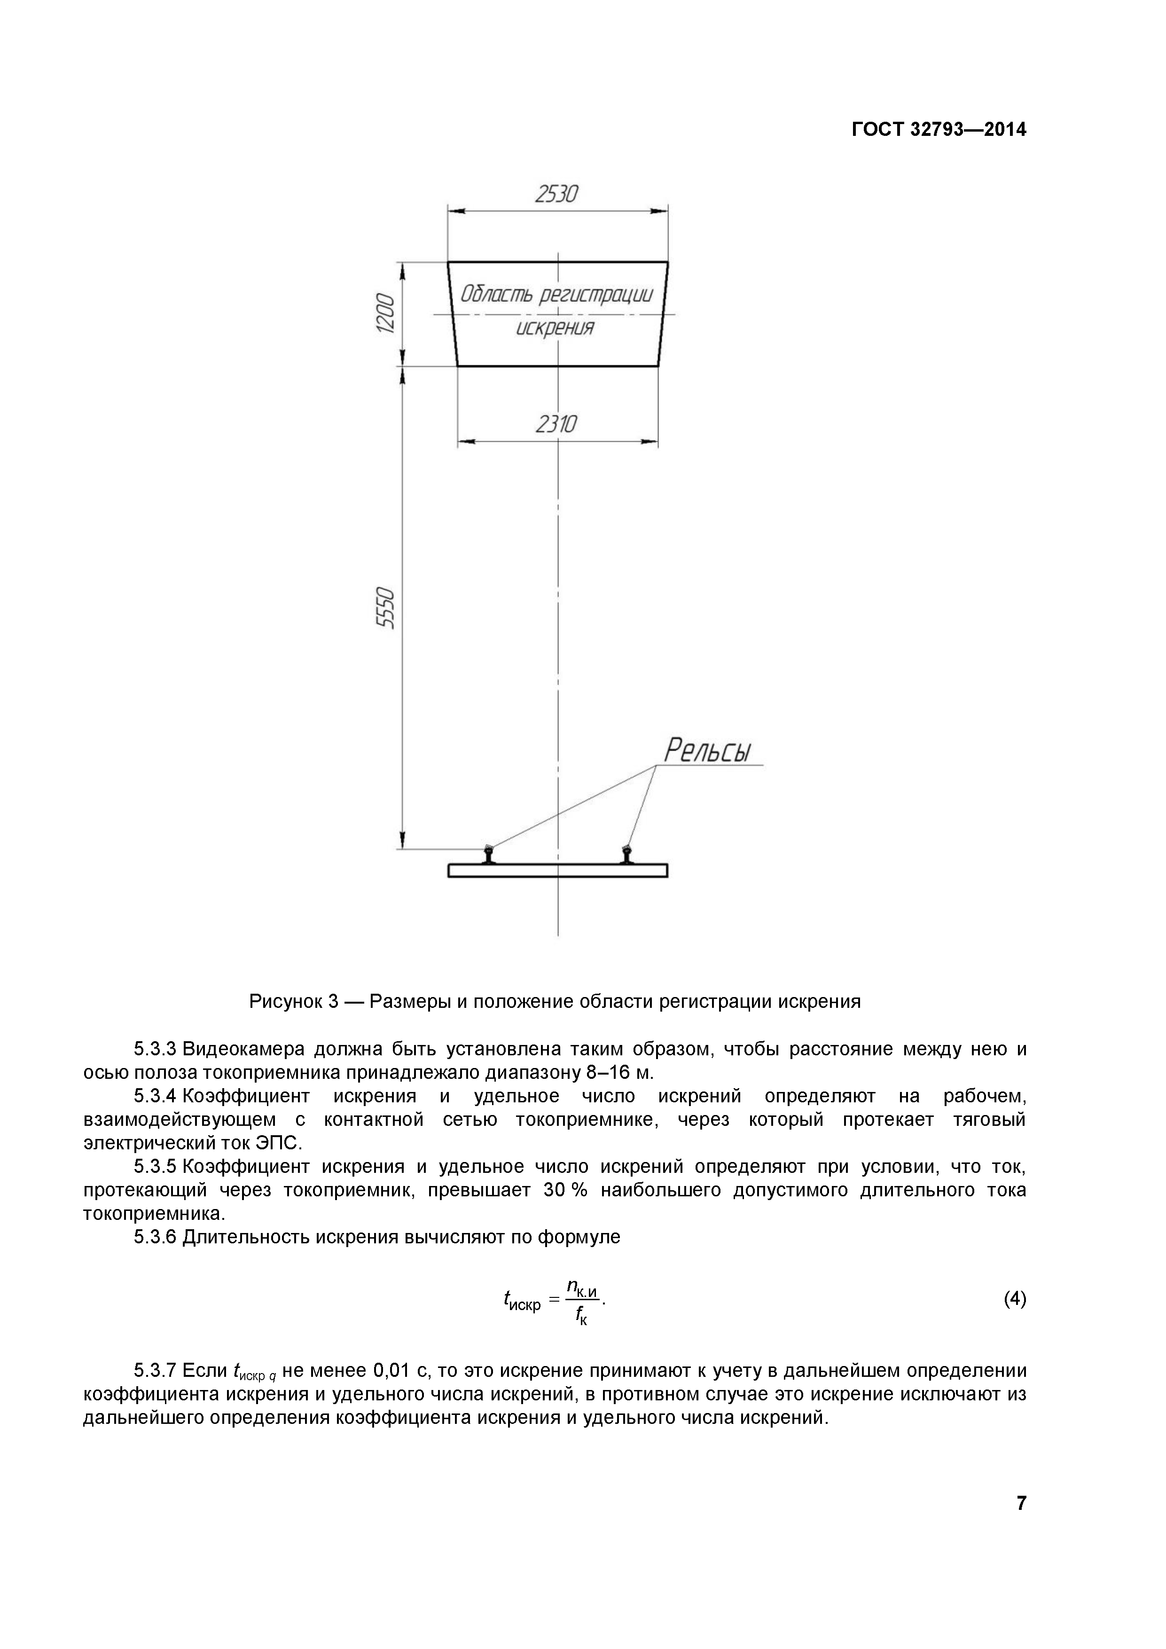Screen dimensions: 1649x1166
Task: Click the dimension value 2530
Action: [556, 194]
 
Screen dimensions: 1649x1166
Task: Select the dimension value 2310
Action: [556, 425]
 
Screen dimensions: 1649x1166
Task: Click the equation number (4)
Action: [1015, 1298]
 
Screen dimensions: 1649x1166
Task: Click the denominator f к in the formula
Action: [581, 1316]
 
